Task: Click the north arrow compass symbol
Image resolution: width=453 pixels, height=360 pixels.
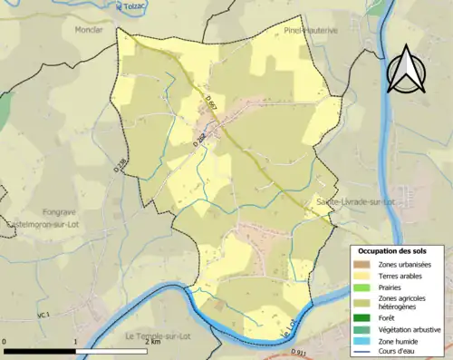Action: point(405,66)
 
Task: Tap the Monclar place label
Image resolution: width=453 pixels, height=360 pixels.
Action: point(87,29)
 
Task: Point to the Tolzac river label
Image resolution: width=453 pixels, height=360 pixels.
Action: point(136,5)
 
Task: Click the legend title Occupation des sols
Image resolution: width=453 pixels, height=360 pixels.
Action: point(398,250)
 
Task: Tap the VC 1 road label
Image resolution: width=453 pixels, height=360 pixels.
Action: point(43,315)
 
